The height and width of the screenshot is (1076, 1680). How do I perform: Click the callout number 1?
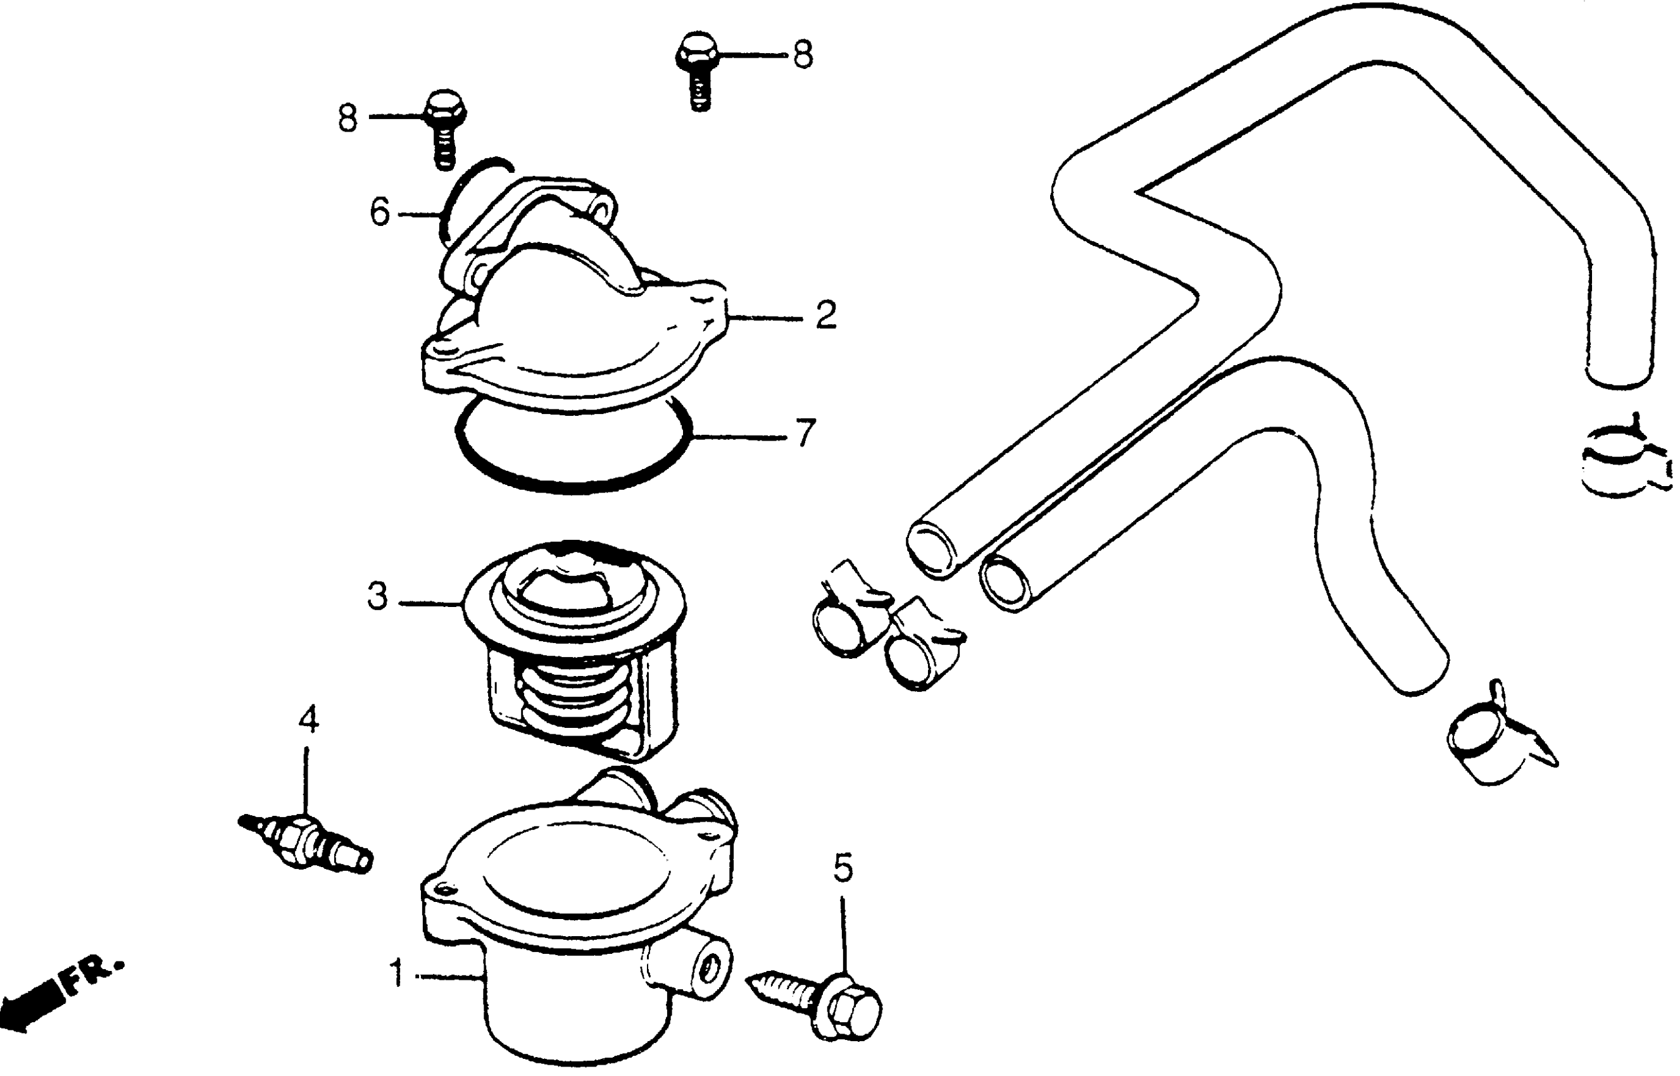[397, 973]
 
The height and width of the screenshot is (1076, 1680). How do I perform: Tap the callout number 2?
[825, 315]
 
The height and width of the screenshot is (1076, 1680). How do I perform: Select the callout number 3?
[377, 597]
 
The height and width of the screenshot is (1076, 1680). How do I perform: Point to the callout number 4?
[308, 720]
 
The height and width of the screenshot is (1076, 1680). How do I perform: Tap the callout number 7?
[806, 433]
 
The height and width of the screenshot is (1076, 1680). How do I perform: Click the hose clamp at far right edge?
[1622, 461]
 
